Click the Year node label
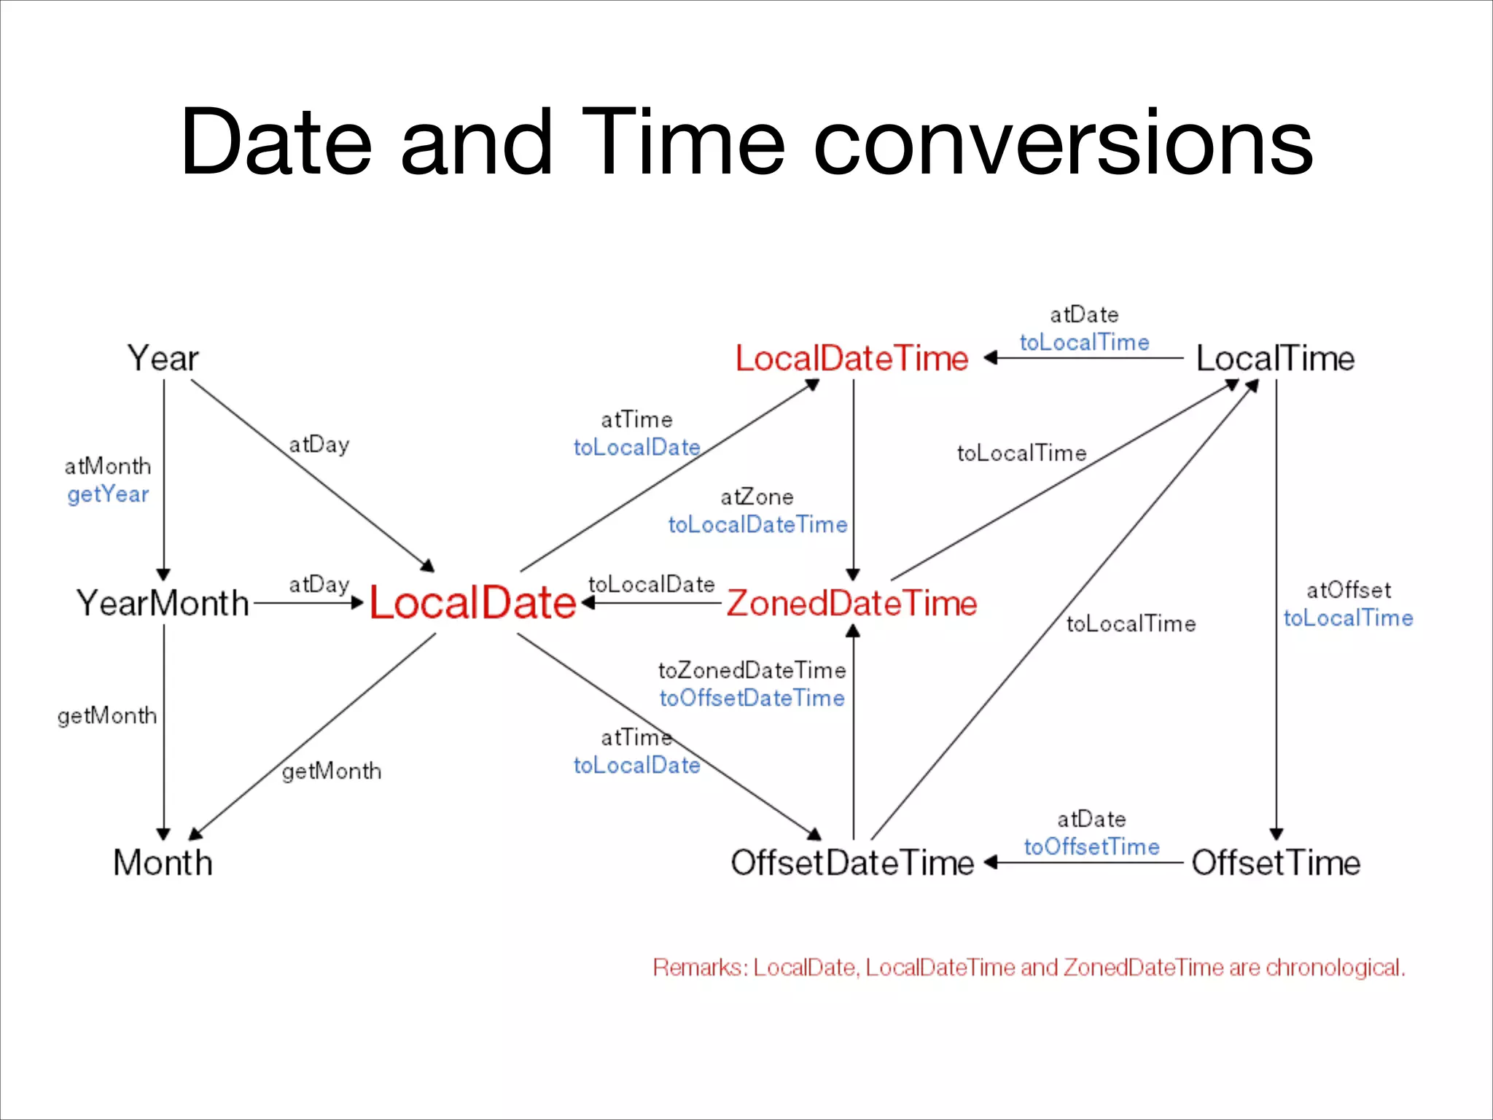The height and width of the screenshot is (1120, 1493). [163, 358]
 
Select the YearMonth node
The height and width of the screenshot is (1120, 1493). [163, 603]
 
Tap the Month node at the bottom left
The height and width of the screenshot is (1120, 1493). [163, 863]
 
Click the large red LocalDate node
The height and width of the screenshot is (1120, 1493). [472, 603]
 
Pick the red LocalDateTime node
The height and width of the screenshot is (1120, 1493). [851, 358]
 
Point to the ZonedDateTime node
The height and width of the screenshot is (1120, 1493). [851, 603]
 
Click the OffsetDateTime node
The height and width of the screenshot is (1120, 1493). [851, 863]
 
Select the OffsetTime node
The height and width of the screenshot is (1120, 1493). [1276, 863]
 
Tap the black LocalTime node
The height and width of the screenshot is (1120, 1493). [1276, 358]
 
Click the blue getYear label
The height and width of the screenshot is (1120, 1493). [108, 494]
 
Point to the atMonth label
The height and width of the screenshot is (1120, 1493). [108, 466]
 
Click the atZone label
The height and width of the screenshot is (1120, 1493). [757, 497]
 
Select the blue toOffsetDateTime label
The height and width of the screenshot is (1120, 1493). [752, 698]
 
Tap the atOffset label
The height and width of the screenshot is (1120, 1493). [1349, 590]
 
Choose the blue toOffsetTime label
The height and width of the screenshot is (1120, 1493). [1091, 847]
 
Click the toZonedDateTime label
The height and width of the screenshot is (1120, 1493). [752, 670]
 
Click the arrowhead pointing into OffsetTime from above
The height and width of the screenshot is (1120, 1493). [1276, 834]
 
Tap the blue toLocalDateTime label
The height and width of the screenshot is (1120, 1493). [757, 524]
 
